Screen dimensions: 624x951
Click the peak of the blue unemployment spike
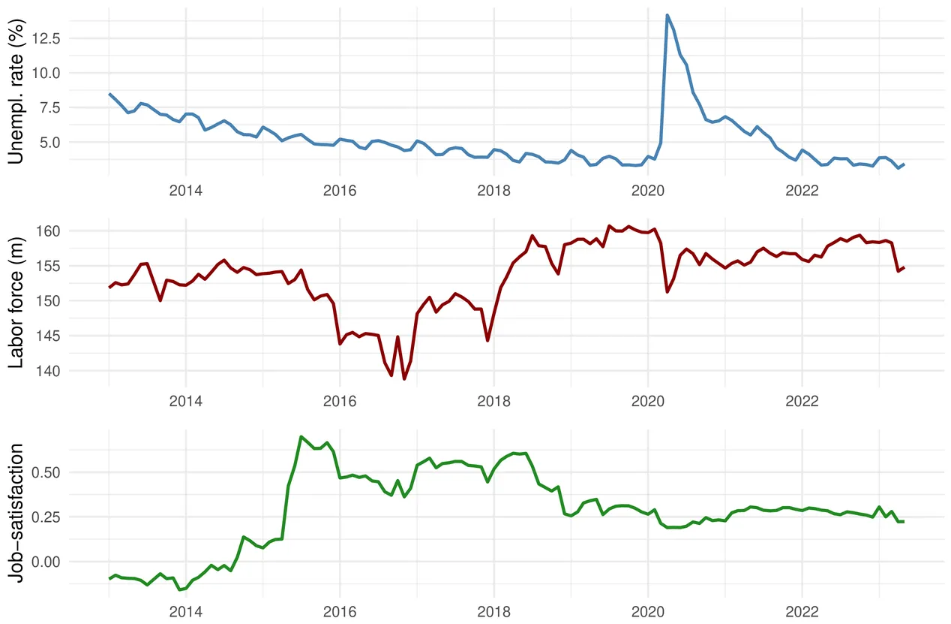click(667, 15)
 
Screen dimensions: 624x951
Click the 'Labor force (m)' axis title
click(17, 300)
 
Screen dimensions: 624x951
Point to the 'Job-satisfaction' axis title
click(17, 510)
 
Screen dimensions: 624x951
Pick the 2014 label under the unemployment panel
click(185, 191)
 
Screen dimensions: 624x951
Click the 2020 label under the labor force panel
click(648, 399)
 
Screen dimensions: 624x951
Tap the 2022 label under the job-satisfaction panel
click(802, 609)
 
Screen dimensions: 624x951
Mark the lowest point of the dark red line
click(404, 379)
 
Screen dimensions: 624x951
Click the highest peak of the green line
click(301, 436)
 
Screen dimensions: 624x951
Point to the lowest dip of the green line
click(180, 590)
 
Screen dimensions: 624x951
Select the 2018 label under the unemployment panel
click(493, 191)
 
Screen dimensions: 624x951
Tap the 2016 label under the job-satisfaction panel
click(340, 609)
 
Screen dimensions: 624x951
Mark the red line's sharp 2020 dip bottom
click(667, 291)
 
